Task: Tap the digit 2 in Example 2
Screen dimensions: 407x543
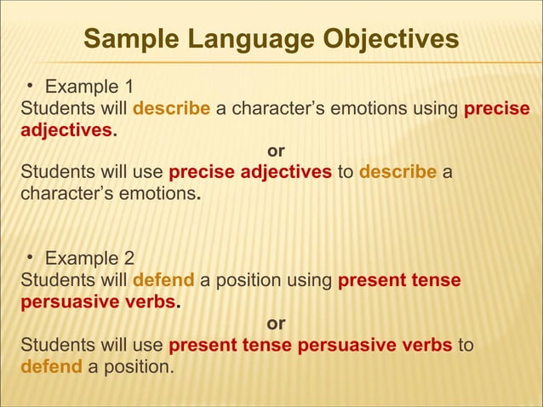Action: [128, 259]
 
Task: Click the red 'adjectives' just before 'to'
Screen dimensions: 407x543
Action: [286, 174]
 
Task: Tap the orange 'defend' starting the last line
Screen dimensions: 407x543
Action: [51, 368]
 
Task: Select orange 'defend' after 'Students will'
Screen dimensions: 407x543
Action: [164, 281]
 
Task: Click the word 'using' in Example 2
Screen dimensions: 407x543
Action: [312, 281]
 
